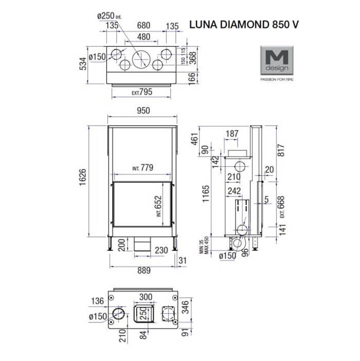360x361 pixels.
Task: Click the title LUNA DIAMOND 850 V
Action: (244, 24)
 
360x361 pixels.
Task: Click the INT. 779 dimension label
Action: (143, 167)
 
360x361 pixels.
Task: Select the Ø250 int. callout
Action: (110, 16)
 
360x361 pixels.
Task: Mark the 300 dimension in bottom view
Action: (147, 297)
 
